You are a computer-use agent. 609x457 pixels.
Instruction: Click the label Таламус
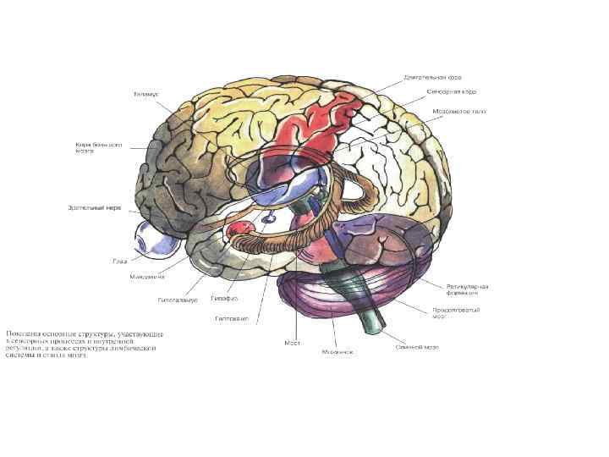145,93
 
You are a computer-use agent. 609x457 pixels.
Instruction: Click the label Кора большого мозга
98,148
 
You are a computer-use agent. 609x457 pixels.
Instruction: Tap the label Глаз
120,261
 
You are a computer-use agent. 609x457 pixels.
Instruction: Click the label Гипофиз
224,299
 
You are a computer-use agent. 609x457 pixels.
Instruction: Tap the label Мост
293,344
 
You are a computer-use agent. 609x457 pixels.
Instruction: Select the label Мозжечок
337,351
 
